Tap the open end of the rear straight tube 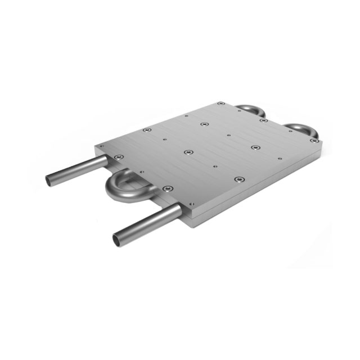click(51, 180)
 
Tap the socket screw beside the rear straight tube click(116, 157)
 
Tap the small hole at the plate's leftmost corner click(101, 146)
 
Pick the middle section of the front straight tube click(147, 224)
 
